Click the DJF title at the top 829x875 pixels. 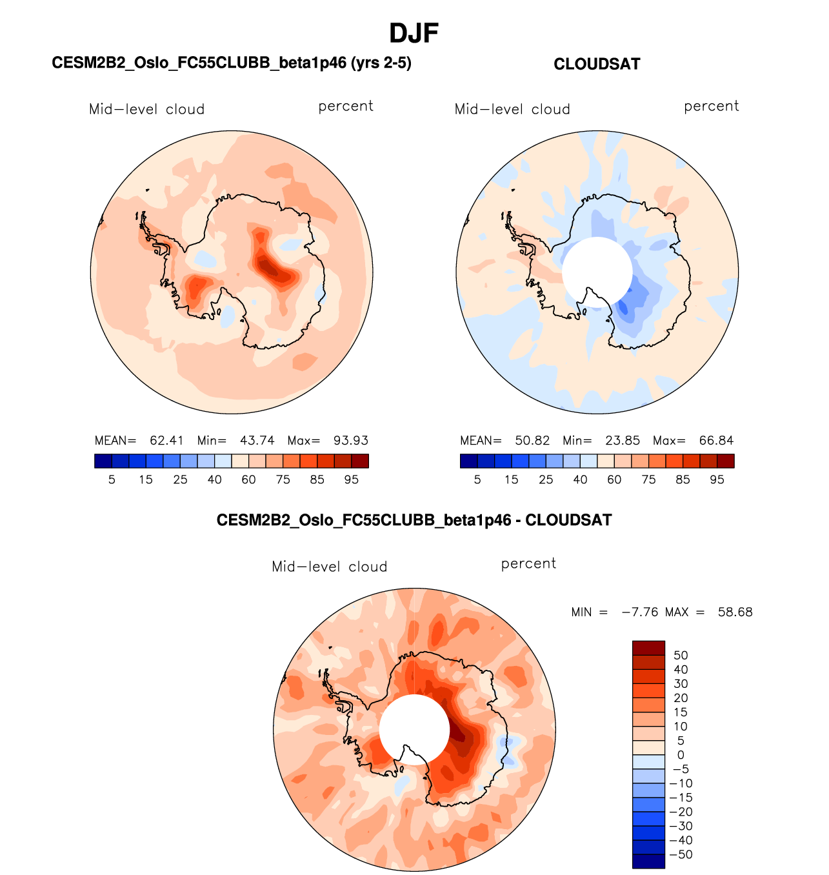414,33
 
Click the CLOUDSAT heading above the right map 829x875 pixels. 597,64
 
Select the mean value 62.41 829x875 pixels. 166,441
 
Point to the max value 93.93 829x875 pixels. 350,441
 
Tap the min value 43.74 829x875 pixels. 257,441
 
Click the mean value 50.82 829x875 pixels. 532,441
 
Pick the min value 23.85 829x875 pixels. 623,441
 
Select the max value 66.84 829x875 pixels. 716,441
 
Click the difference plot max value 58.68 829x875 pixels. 735,612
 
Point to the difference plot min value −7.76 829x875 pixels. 639,612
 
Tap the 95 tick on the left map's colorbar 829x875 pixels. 351,479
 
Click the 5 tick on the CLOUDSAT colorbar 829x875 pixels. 477,479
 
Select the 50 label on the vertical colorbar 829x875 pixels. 681,656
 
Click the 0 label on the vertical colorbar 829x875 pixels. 681,755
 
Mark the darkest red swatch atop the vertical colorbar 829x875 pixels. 648,648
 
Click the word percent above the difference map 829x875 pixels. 528,563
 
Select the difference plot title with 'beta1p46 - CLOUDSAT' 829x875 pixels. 414,520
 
